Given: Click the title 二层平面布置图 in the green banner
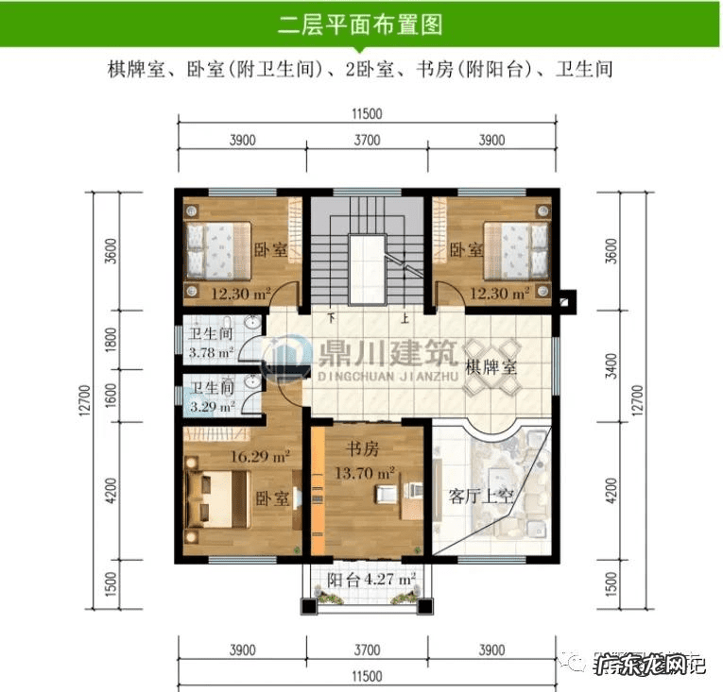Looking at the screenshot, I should [361, 24].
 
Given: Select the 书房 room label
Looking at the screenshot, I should [359, 448].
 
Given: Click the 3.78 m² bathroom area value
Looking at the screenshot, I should [210, 354].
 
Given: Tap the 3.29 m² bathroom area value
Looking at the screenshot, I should [210, 408].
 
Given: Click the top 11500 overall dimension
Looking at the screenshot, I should [366, 114].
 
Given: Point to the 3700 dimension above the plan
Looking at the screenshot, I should [366, 140].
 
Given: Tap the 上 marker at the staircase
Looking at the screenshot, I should [405, 318].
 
